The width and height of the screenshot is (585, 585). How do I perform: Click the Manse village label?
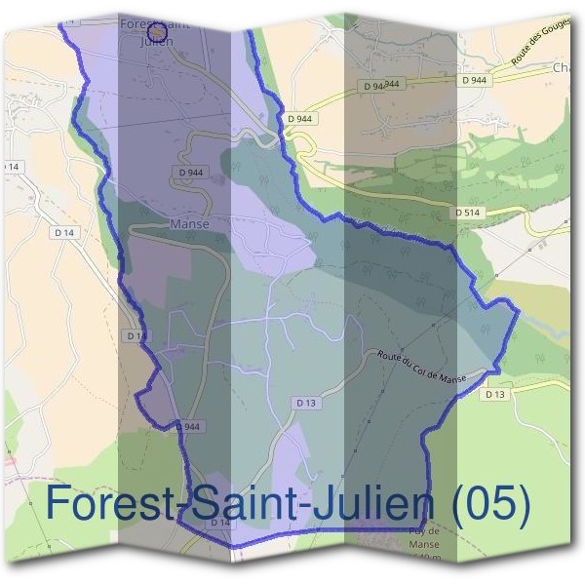[189, 223]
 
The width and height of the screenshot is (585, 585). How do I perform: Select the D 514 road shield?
[469, 212]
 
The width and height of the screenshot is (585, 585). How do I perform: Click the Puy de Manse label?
[424, 537]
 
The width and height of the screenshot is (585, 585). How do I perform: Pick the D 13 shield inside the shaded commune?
[305, 402]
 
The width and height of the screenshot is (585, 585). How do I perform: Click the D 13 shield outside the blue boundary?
[494, 394]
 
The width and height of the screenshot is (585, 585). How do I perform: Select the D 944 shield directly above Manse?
[191, 173]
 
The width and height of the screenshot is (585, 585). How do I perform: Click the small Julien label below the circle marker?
[156, 42]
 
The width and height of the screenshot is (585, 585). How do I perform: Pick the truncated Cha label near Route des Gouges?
[563, 68]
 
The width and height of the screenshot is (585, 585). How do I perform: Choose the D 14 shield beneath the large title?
[220, 524]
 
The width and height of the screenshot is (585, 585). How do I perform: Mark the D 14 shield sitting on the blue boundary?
[136, 335]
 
